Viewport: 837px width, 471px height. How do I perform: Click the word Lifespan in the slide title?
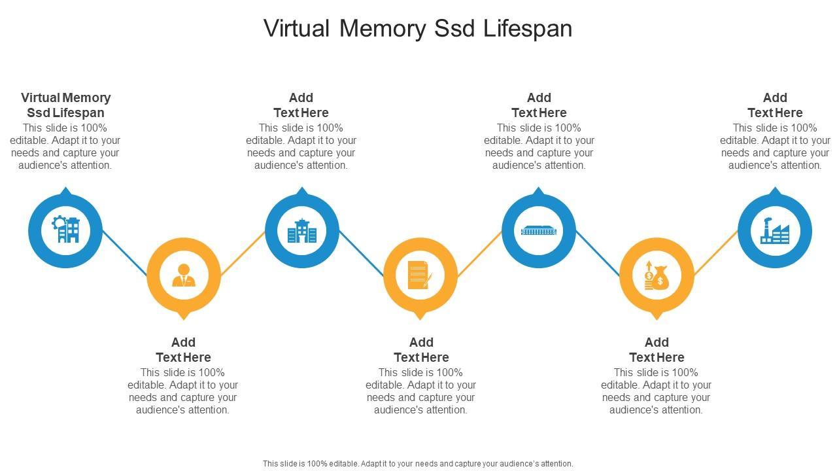528,29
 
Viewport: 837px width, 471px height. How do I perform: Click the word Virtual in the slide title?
297,29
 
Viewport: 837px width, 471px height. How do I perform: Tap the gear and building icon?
65,230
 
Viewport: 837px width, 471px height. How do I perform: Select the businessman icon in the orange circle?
184,275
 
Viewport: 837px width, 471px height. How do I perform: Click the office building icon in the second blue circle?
301,230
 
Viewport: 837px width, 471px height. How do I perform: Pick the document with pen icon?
420,275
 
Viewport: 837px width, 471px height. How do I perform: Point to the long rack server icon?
538,230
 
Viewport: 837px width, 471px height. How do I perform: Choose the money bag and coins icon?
657,275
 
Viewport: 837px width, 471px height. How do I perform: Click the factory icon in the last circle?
775,230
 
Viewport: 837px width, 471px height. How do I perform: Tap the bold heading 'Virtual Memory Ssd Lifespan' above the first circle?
65,105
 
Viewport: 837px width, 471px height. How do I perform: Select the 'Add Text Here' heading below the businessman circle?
184,349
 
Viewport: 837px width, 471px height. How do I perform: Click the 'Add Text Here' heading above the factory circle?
775,105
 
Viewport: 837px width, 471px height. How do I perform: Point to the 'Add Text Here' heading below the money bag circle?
657,349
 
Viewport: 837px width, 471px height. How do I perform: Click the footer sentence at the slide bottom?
418,463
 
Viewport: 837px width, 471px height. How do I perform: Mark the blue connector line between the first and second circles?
125,253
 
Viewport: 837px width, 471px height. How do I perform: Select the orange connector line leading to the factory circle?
715,253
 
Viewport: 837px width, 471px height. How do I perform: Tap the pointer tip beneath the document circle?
420,317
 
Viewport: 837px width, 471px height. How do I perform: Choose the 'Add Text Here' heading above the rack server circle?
539,105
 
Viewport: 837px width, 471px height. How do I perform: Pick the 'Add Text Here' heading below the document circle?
421,349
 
